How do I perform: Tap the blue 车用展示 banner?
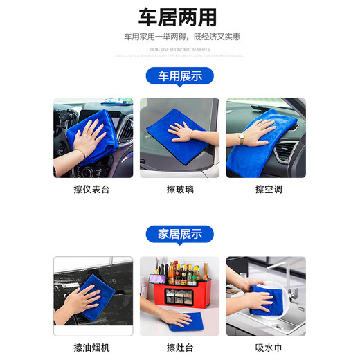click(179, 76)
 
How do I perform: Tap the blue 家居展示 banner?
click(179, 235)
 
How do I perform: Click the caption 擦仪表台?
click(93, 189)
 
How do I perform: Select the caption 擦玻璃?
click(179, 189)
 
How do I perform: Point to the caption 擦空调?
click(266, 189)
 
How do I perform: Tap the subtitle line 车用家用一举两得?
click(179, 37)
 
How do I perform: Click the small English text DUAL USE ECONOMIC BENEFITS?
click(179, 50)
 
